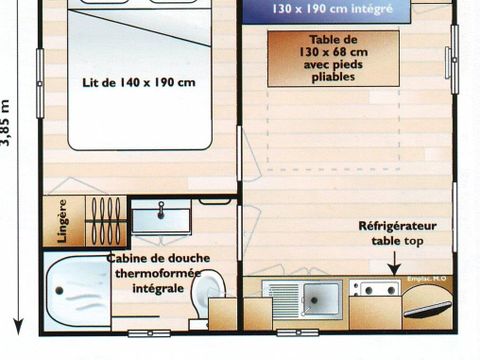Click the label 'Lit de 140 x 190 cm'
(139, 82)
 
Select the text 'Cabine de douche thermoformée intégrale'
(150, 272)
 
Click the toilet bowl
(209, 296)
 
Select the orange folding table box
(333, 58)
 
